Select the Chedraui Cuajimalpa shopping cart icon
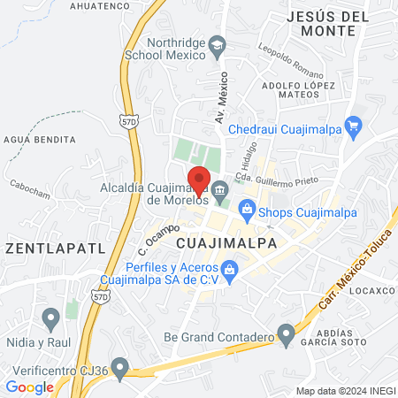[x=354, y=126]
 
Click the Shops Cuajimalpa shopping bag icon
[x=247, y=211]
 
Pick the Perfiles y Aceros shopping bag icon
[x=230, y=268]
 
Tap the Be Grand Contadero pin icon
[x=285, y=335]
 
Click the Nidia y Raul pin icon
[x=51, y=316]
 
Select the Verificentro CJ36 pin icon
[x=119, y=365]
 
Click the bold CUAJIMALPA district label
[x=222, y=242]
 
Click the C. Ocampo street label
[x=153, y=233]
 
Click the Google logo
[x=29, y=387]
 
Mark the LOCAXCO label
[x=371, y=289]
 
